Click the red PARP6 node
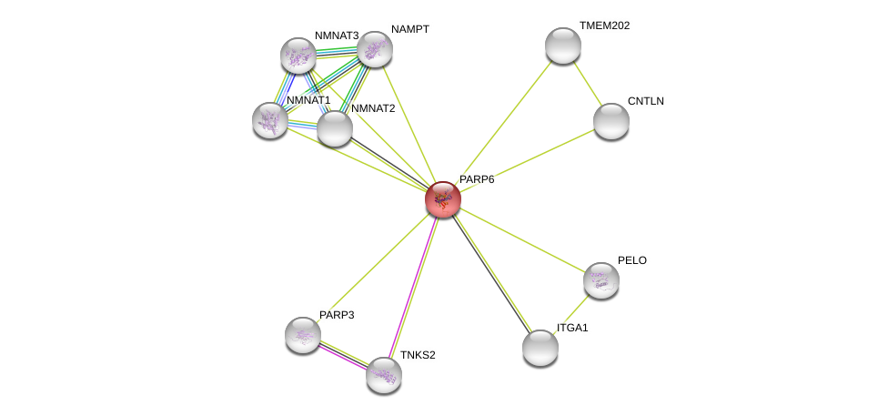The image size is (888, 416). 443,199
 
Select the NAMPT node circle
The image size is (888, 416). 374,49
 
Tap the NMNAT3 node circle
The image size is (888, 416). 298,56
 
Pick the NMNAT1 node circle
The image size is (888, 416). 270,119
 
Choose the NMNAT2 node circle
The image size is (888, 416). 335,128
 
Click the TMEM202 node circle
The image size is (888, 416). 563,46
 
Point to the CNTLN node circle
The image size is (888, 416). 611,121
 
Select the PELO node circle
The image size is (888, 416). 601,280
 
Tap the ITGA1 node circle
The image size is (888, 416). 540,347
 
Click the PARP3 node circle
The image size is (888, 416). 303,334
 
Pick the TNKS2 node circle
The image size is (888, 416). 384,374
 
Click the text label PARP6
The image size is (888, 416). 477,179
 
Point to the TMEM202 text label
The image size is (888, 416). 604,25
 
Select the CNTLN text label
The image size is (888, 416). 646,101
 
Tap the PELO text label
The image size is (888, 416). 631,260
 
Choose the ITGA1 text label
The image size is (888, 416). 572,327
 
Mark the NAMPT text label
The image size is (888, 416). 409,29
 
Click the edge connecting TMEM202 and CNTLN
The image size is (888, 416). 588,84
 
